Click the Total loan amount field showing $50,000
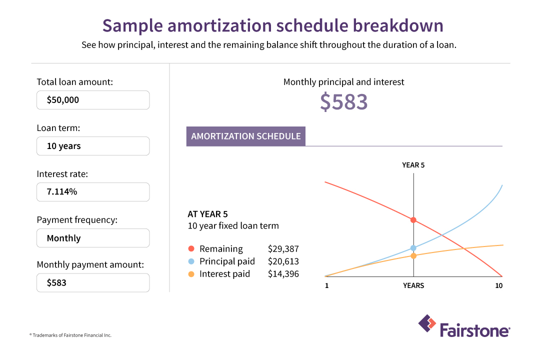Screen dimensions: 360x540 (x=93, y=100)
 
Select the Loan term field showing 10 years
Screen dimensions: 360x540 (x=93, y=146)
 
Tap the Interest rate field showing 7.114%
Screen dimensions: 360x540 (x=93, y=192)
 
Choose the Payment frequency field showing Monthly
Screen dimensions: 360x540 (x=93, y=238)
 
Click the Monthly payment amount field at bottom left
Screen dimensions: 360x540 (x=93, y=282)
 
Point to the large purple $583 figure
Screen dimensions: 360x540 (x=343, y=102)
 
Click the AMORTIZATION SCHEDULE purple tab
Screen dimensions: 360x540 (x=245, y=136)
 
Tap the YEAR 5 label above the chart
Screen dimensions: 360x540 (x=413, y=165)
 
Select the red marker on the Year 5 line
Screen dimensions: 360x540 (x=413, y=220)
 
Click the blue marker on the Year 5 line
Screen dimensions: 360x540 (x=413, y=247)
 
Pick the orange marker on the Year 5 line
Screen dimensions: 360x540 (x=413, y=256)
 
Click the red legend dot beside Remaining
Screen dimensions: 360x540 (x=191, y=249)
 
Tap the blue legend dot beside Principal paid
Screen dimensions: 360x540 (x=191, y=261)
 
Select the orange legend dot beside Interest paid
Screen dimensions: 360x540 (x=191, y=274)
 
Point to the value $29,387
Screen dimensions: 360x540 (x=283, y=249)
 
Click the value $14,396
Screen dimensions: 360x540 (x=283, y=274)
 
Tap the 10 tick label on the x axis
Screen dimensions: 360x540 (x=498, y=285)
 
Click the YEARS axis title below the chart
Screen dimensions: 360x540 (x=413, y=285)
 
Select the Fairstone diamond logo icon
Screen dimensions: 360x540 (x=427, y=323)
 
